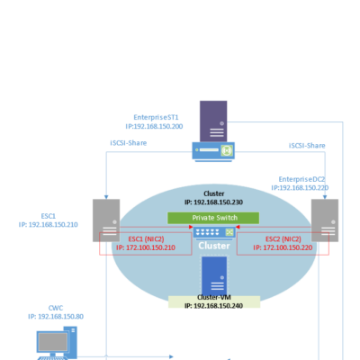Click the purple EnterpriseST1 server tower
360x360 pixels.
coord(213,121)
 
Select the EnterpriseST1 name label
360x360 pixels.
coord(156,117)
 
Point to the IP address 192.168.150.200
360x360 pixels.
coord(158,126)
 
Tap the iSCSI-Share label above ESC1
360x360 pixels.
coord(129,143)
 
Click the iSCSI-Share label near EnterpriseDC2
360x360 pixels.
coord(307,146)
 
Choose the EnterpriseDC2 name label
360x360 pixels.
coord(301,179)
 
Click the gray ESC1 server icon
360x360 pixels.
coord(106,220)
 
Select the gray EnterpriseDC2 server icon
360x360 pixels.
coord(325,220)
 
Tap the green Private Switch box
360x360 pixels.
coord(213,218)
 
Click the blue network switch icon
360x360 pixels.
coord(213,232)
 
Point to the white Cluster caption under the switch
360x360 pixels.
coord(214,246)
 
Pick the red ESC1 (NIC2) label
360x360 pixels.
coord(146,239)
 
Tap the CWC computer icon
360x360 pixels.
coord(57,343)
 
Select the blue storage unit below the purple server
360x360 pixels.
coord(213,151)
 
